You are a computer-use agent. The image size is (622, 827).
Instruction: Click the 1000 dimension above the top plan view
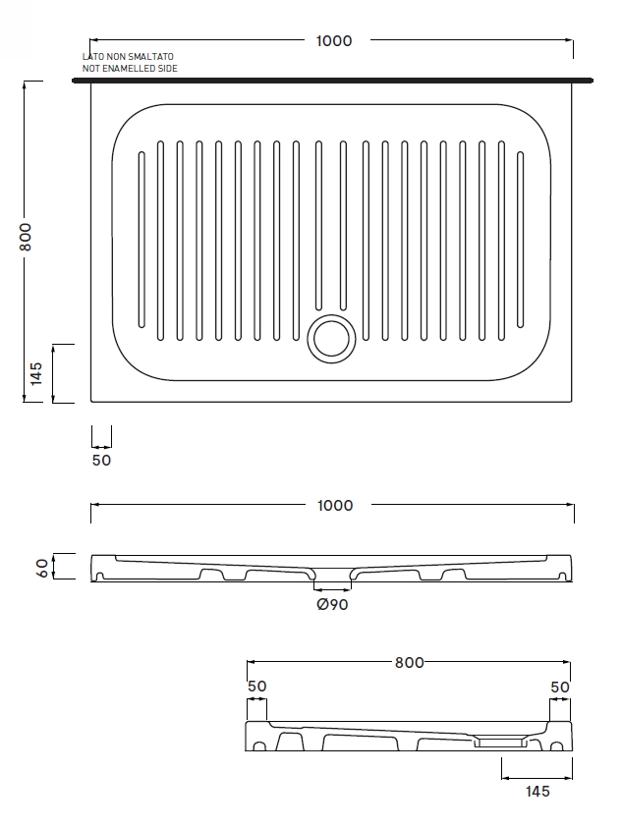point(334,41)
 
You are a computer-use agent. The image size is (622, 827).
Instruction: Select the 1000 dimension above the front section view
point(334,505)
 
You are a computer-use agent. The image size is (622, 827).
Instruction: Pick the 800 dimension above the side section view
point(409,662)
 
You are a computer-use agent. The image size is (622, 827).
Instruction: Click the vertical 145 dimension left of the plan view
point(35,373)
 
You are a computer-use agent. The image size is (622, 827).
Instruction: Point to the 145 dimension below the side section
point(537,792)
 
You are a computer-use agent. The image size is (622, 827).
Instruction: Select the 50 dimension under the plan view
point(101,460)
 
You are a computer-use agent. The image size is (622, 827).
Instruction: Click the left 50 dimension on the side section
point(256,687)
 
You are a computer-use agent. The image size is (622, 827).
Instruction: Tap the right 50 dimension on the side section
point(560,687)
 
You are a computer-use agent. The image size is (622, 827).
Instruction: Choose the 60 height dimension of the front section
point(41,567)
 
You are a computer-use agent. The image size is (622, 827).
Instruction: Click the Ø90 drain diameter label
point(332,605)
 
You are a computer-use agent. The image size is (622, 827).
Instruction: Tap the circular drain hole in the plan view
point(331,337)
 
